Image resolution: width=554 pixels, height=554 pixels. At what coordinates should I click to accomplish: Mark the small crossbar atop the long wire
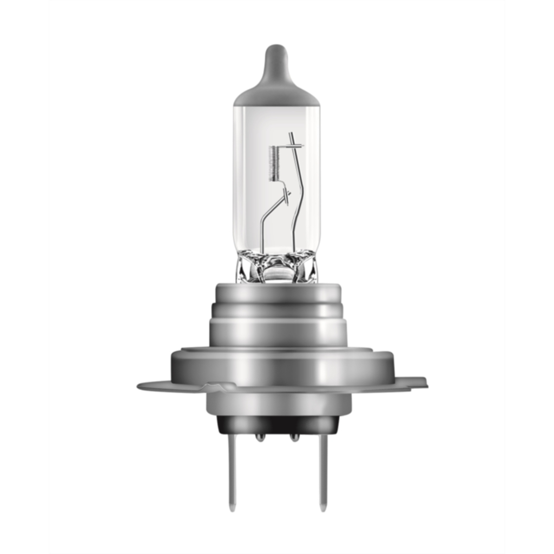[x=296, y=146]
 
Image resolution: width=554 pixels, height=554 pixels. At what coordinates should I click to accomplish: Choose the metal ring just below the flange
[x=278, y=403]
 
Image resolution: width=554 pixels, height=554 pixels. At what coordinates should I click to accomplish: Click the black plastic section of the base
[x=278, y=425]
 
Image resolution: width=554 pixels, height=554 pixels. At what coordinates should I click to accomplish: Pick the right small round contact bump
[x=294, y=437]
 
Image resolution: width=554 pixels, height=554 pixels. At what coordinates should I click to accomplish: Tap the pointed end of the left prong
[x=232, y=507]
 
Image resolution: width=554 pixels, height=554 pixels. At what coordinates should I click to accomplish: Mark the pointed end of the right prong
[x=323, y=507]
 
